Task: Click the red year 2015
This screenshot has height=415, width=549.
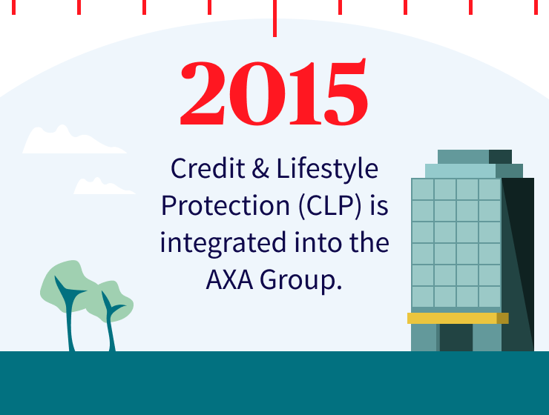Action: pyautogui.click(x=274, y=94)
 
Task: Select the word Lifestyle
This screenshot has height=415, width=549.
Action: pyautogui.click(x=327, y=170)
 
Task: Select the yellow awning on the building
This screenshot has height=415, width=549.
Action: pyautogui.click(x=457, y=318)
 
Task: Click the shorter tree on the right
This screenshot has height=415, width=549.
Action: pyautogui.click(x=111, y=311)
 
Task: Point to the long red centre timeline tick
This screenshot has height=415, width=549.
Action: pyautogui.click(x=274, y=18)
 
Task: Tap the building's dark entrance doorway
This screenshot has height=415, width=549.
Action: pyautogui.click(x=456, y=338)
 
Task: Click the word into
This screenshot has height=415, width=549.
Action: pyautogui.click(x=308, y=243)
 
